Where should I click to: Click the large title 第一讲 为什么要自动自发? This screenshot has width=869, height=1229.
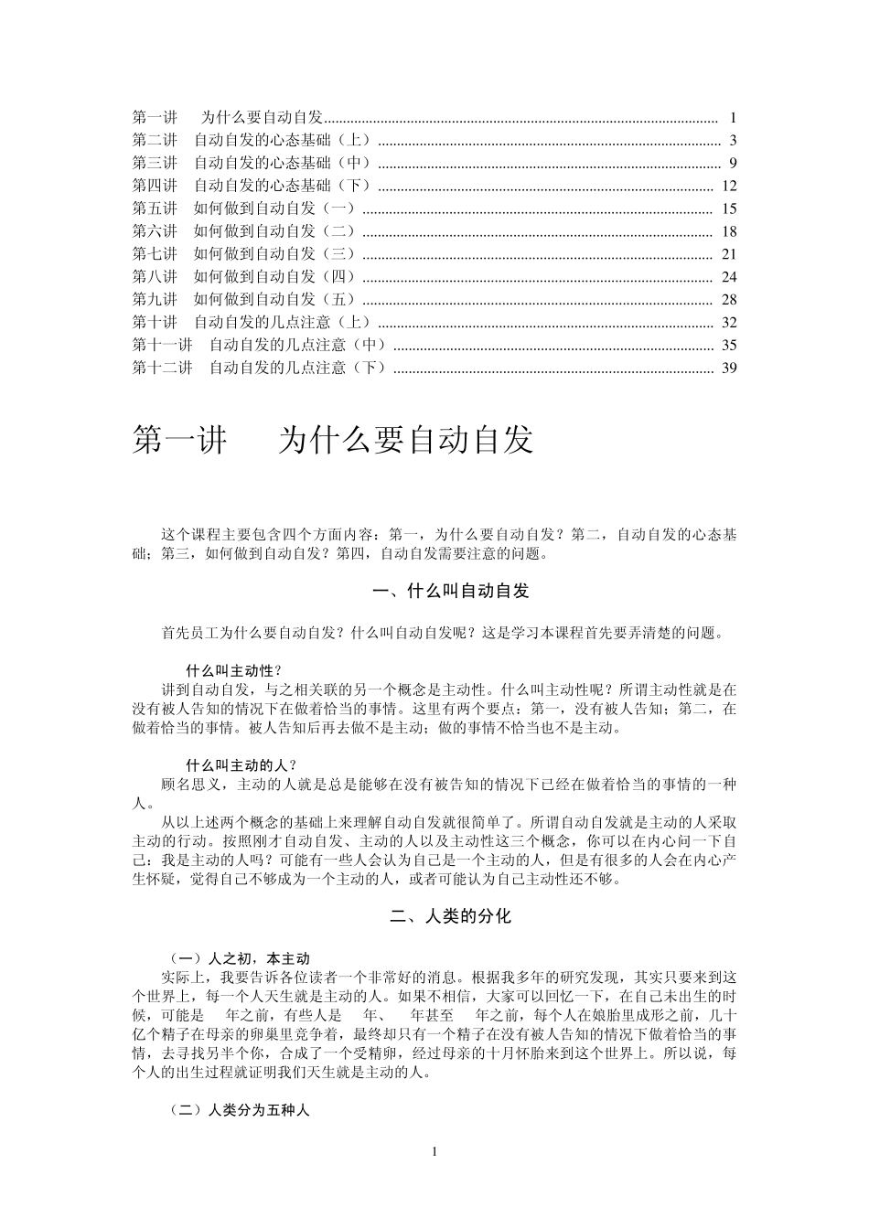coord(333,440)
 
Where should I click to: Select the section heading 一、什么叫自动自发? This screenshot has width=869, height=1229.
coord(452,592)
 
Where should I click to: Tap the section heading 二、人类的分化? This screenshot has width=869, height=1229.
coord(451,916)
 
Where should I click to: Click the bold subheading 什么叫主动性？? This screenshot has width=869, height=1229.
coord(233,669)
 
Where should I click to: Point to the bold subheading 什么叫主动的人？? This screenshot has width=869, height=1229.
coord(241,764)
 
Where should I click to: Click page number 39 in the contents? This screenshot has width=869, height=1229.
coord(728,368)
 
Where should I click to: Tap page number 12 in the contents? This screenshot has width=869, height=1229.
coord(728,187)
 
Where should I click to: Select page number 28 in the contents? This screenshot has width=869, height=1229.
coord(728,300)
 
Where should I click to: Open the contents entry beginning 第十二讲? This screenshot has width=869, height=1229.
coord(260,368)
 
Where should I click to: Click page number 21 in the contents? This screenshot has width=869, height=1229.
coord(728,254)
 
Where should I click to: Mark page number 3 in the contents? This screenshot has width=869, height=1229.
coord(733,141)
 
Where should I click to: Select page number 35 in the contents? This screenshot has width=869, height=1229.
coord(728,345)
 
